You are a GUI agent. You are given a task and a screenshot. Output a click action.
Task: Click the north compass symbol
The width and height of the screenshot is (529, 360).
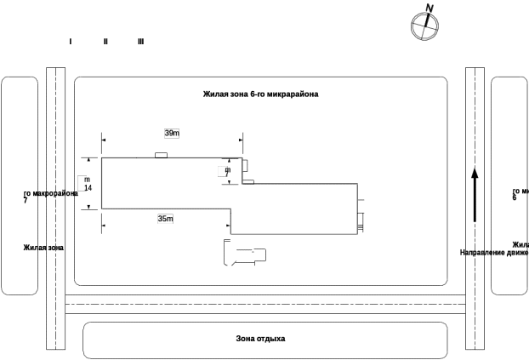424,26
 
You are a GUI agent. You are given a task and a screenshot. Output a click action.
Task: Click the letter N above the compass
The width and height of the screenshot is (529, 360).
429,9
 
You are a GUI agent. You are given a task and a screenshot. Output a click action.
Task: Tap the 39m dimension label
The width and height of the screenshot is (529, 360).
172,134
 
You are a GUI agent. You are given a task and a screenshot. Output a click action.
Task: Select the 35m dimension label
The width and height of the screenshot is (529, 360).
165,219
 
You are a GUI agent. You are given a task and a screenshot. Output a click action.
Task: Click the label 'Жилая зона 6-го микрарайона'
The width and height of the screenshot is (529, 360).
260,94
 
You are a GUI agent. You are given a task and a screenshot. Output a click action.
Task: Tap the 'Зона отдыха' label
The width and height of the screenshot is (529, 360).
260,339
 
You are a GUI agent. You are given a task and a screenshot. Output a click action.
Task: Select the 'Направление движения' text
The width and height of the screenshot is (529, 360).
494,253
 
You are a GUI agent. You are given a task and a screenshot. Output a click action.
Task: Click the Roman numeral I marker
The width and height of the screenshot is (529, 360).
70,42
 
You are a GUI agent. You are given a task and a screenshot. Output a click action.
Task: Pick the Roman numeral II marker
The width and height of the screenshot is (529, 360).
105,42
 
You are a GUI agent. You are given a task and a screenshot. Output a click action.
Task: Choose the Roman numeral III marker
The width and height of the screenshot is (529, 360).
140,42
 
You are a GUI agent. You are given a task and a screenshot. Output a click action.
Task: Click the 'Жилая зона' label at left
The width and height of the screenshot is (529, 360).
43,248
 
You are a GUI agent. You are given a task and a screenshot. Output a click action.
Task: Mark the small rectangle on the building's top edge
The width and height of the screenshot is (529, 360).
161,156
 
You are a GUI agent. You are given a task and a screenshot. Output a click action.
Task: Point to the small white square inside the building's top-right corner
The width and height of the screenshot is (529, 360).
222,171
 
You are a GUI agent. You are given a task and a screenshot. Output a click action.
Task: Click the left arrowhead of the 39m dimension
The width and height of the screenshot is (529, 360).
104,140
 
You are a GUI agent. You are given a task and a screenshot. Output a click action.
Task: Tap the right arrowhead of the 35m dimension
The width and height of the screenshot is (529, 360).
227,226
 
